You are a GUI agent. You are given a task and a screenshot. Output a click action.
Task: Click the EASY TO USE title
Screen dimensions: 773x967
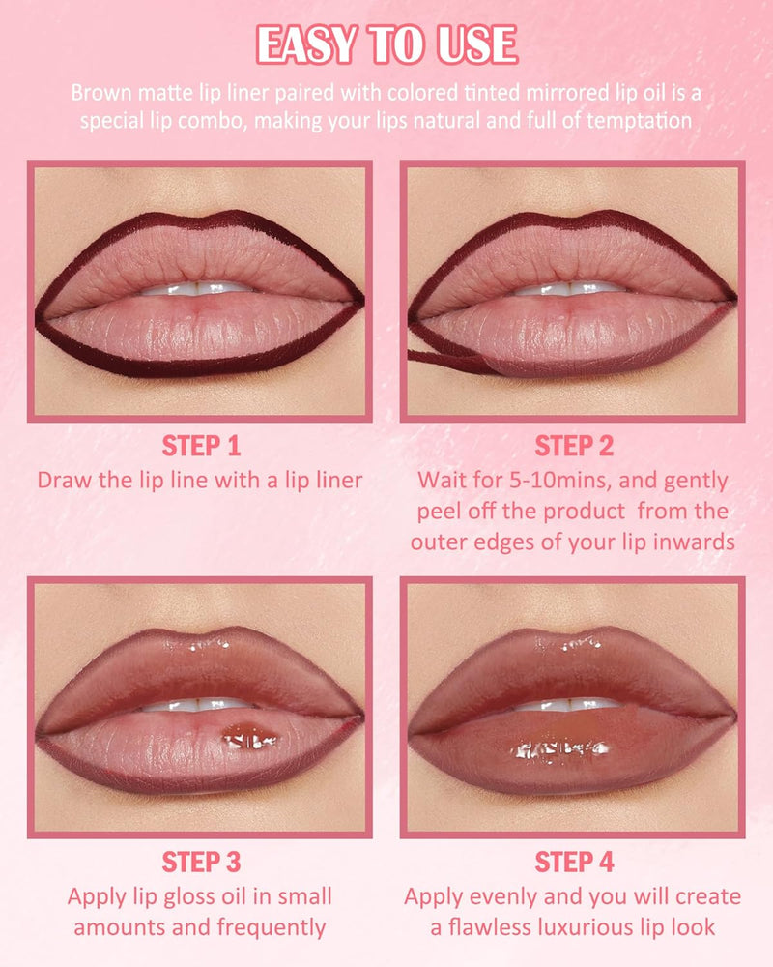(x=386, y=44)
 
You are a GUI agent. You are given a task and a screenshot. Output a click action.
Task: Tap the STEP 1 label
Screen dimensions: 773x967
(x=201, y=446)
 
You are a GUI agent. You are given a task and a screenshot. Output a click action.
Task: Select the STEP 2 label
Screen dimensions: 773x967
(x=574, y=446)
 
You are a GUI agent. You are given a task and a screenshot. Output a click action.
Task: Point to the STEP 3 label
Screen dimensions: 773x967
(x=201, y=863)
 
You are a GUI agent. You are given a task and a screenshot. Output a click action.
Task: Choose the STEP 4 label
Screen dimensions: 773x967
(x=574, y=863)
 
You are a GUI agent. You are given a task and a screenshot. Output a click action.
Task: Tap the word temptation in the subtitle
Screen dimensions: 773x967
(x=639, y=120)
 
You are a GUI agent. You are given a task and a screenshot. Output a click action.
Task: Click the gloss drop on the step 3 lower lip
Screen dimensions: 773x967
(x=249, y=735)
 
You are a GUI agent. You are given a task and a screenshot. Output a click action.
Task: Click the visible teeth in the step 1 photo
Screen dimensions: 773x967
(x=196, y=288)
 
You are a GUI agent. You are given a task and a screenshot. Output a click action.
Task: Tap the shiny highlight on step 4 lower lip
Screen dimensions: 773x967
(x=559, y=750)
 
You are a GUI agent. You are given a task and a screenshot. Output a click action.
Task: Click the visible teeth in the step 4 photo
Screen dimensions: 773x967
(x=568, y=704)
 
